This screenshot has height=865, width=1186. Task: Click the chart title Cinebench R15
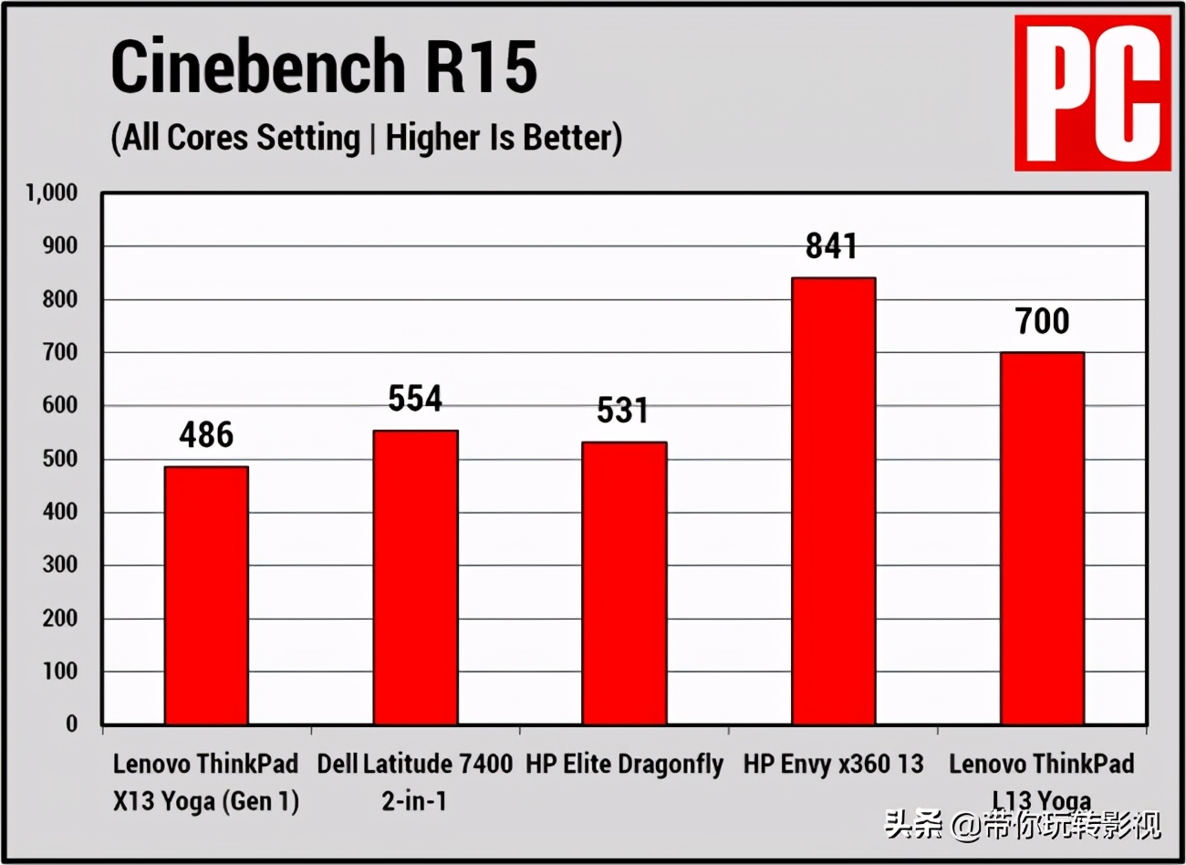coord(324,68)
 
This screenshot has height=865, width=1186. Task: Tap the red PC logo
coord(1092,92)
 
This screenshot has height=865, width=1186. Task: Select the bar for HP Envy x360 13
coord(833,501)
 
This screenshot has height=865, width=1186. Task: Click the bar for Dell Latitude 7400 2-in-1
coord(415,578)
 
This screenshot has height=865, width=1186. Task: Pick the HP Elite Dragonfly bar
coord(624,583)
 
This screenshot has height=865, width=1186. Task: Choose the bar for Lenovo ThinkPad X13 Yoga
coord(206,595)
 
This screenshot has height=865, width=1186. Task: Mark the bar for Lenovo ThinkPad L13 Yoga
coord(1042,538)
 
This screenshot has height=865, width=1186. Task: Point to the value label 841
coord(831,246)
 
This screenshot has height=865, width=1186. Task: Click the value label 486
coord(206,435)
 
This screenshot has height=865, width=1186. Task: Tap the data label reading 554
coord(415,399)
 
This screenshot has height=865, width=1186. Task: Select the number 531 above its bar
coord(623,411)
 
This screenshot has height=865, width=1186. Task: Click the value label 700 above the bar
coord(1042,321)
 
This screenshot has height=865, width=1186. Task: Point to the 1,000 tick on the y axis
coord(51,193)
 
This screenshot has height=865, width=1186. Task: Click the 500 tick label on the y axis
coord(60,459)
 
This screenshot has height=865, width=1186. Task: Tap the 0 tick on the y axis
coord(72,724)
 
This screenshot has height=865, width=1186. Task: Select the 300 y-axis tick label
coord(60,565)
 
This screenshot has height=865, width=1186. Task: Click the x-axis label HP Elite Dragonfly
coord(624,764)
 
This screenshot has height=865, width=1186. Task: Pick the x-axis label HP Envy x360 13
coord(833,764)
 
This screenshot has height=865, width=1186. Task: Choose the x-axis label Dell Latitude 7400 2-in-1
coord(415,782)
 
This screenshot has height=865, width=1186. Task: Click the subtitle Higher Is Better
coord(504,138)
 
